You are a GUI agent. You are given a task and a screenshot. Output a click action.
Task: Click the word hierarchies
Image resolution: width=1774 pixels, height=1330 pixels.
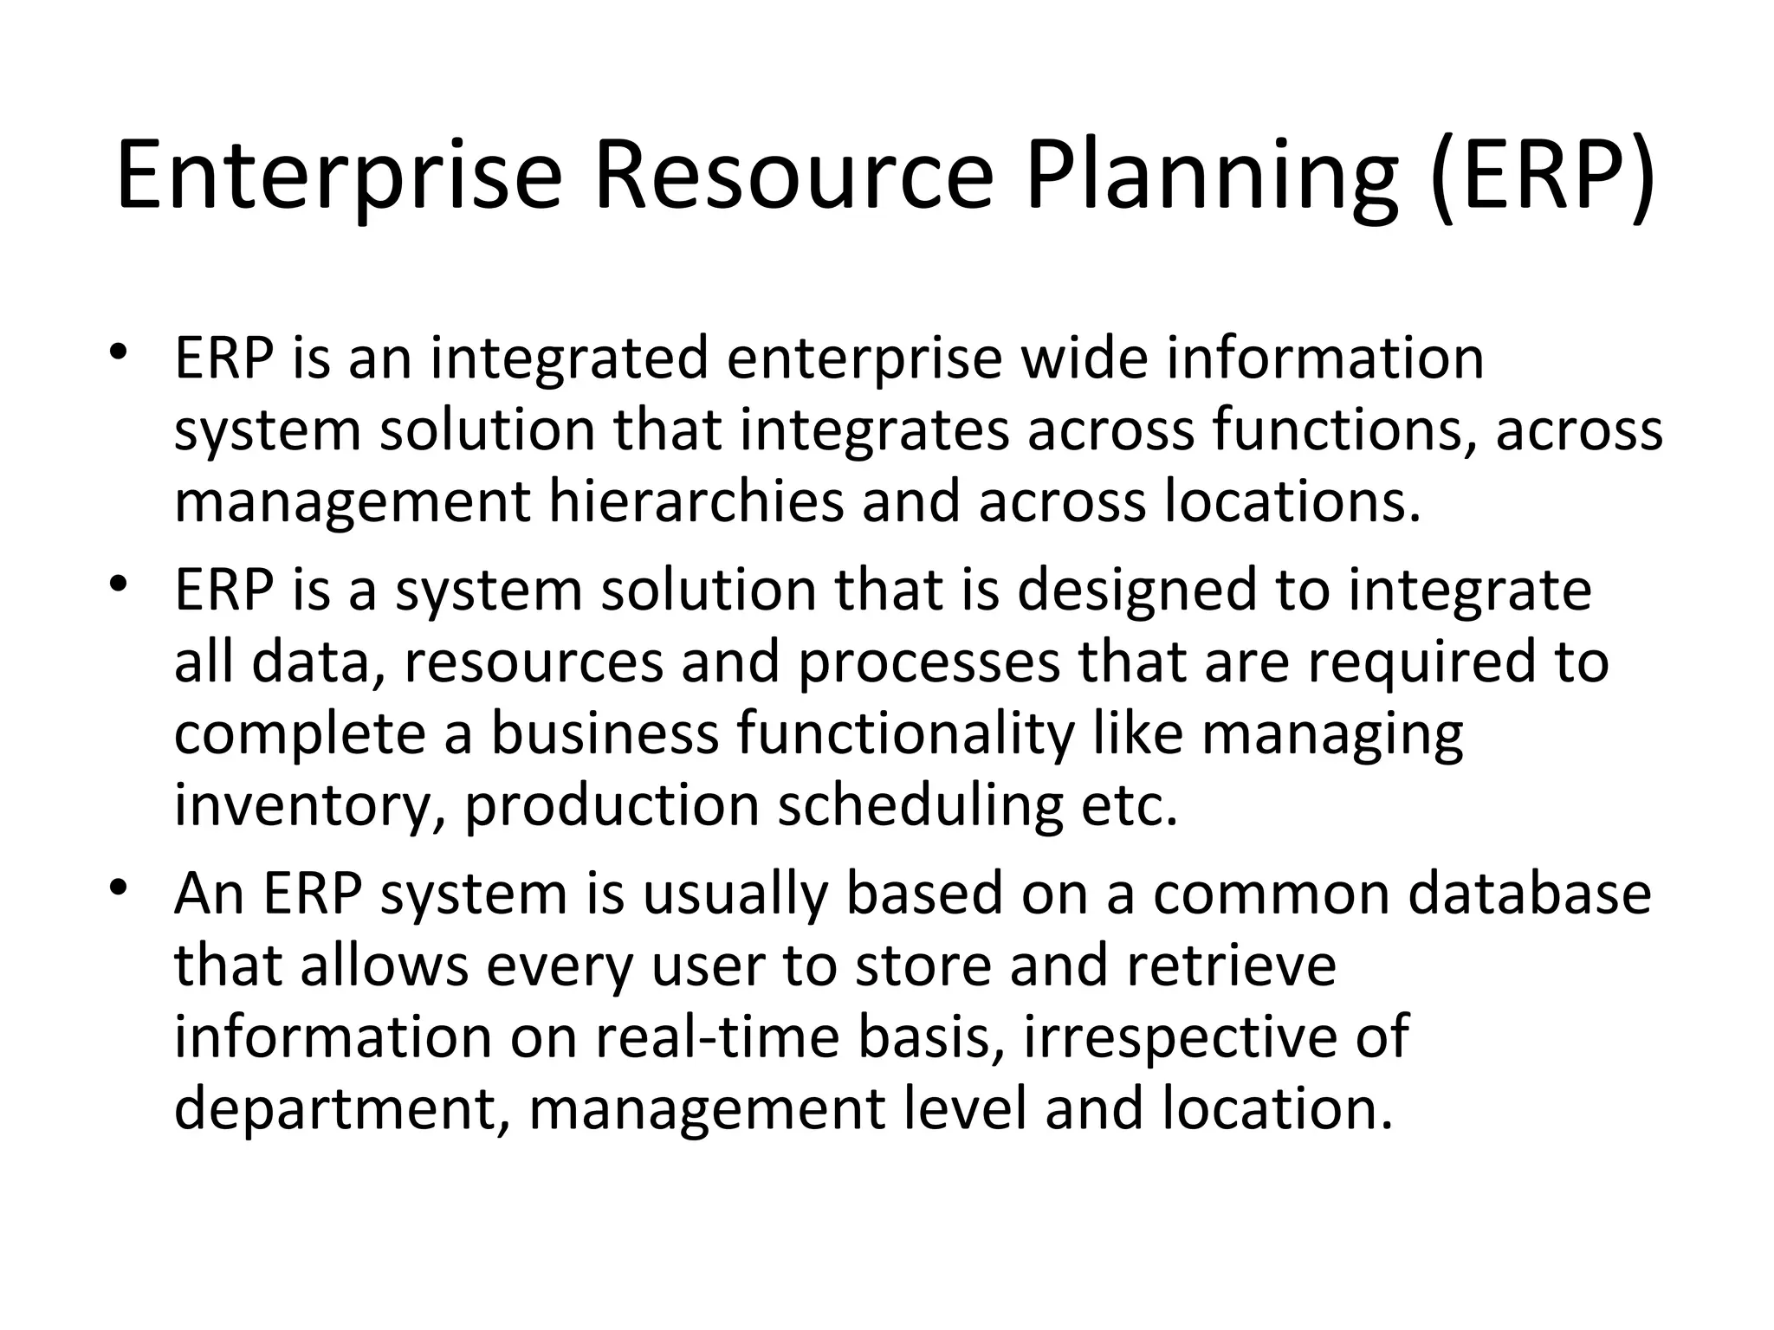coord(696,502)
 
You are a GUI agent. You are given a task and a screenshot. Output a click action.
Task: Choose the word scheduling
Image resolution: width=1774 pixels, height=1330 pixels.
coord(920,807)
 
